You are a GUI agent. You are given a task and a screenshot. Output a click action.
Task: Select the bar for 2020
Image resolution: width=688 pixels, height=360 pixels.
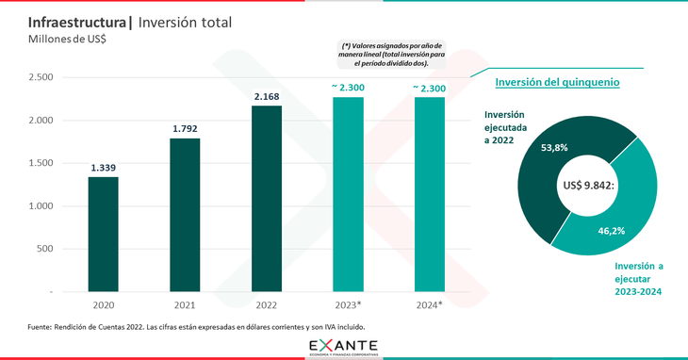(x=104, y=235)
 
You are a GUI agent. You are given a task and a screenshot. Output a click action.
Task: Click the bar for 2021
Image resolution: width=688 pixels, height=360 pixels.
(x=185, y=215)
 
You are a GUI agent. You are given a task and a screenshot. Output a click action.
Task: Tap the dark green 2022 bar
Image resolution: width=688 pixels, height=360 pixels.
(x=267, y=199)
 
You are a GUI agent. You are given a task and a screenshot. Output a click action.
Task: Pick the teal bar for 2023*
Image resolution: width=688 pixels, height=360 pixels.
(x=348, y=194)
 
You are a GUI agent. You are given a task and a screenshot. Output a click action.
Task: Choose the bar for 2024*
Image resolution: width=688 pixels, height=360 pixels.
(x=429, y=194)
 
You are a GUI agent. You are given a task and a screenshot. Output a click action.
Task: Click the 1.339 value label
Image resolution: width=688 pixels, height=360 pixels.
(x=104, y=168)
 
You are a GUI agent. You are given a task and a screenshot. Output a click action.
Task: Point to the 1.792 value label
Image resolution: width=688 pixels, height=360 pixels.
(x=185, y=128)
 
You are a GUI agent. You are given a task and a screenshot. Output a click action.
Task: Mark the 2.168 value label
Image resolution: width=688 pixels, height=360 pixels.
(x=267, y=96)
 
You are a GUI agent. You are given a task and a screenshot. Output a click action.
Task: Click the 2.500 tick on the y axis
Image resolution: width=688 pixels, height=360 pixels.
(x=41, y=77)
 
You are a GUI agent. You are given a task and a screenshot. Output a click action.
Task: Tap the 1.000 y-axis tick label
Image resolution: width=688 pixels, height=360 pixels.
(x=41, y=206)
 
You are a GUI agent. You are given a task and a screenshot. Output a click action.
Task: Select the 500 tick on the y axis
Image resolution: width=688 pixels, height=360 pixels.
(x=45, y=250)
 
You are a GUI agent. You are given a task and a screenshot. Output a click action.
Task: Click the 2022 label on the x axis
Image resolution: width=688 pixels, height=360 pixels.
(x=267, y=305)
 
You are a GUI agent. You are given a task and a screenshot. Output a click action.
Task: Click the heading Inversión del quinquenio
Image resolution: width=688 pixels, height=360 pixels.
(x=557, y=82)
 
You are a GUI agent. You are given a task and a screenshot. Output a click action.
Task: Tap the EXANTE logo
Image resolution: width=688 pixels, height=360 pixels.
(x=344, y=346)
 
